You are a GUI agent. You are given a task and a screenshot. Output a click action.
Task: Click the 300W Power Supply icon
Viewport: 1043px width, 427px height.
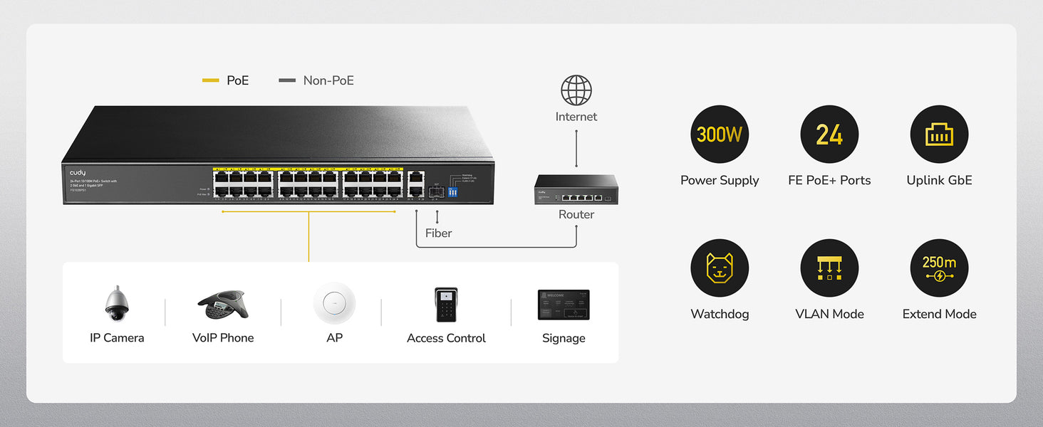click(720, 135)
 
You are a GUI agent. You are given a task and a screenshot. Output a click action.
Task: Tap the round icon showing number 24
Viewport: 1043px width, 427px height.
click(829, 135)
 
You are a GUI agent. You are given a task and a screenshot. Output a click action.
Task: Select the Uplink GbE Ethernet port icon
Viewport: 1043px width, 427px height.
click(939, 135)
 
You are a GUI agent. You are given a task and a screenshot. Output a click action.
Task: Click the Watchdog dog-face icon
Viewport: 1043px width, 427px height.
click(720, 268)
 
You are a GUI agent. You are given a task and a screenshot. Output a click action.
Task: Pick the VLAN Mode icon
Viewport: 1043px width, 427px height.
click(829, 268)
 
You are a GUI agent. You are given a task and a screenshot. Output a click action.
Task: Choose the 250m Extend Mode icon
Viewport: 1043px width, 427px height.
click(939, 268)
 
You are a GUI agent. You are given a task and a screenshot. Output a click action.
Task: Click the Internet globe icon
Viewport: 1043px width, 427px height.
click(576, 90)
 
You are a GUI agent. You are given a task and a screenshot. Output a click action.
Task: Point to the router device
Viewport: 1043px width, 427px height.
click(576, 190)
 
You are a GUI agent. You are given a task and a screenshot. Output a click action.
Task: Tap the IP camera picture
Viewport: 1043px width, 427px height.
click(116, 304)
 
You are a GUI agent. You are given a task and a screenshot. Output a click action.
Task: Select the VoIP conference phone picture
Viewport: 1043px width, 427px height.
click(222, 305)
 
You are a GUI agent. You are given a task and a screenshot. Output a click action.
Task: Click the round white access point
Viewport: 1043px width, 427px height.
click(334, 303)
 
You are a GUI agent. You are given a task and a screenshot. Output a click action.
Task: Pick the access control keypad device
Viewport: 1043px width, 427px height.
click(446, 305)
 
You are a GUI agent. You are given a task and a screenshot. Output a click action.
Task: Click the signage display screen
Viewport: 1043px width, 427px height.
click(564, 305)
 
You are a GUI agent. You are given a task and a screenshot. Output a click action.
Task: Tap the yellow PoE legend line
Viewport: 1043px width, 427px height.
click(211, 81)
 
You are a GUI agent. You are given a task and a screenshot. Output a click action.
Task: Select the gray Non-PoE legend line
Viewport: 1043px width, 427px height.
click(287, 81)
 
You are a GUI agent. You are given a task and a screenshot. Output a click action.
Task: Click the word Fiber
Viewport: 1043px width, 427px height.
click(438, 233)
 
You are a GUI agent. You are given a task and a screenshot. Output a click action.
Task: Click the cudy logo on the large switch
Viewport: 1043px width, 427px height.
click(78, 173)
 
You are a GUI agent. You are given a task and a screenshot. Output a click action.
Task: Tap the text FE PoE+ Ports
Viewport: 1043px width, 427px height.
click(829, 181)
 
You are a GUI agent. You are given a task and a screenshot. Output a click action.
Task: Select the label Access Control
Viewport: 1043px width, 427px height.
click(446, 338)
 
